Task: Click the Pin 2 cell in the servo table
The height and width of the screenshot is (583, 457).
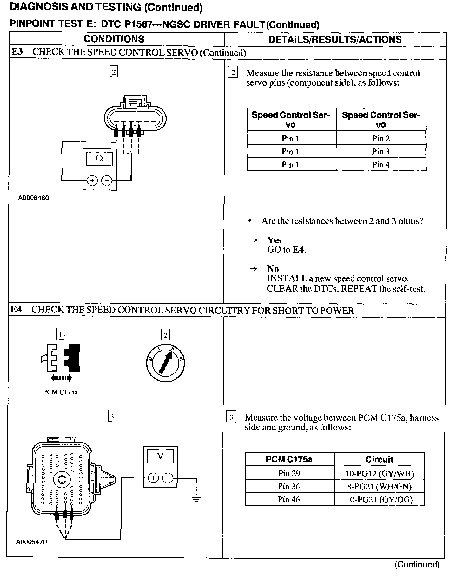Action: (x=381, y=139)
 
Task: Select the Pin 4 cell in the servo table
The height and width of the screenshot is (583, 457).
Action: (x=381, y=165)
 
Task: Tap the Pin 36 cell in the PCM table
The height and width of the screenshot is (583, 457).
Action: (x=289, y=486)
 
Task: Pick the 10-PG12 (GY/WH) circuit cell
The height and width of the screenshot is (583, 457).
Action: (x=379, y=474)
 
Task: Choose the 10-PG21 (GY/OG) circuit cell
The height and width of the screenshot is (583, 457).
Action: (x=379, y=500)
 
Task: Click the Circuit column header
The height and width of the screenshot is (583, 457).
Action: (x=379, y=460)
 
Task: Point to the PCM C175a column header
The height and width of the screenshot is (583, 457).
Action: (x=289, y=460)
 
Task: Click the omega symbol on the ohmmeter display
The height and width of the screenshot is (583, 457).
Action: (x=99, y=159)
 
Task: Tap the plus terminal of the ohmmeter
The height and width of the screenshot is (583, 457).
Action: (x=92, y=181)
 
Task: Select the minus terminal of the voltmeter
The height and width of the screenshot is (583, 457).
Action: (x=168, y=478)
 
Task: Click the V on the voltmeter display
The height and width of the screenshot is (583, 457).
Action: (x=160, y=456)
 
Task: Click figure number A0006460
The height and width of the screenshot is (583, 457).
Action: (x=33, y=198)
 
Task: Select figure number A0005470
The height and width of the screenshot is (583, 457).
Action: (x=31, y=542)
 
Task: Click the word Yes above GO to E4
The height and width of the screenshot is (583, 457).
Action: (x=274, y=240)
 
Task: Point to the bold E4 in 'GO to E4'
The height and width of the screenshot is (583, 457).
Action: (x=298, y=250)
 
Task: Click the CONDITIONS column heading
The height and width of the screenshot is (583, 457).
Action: (x=114, y=39)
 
